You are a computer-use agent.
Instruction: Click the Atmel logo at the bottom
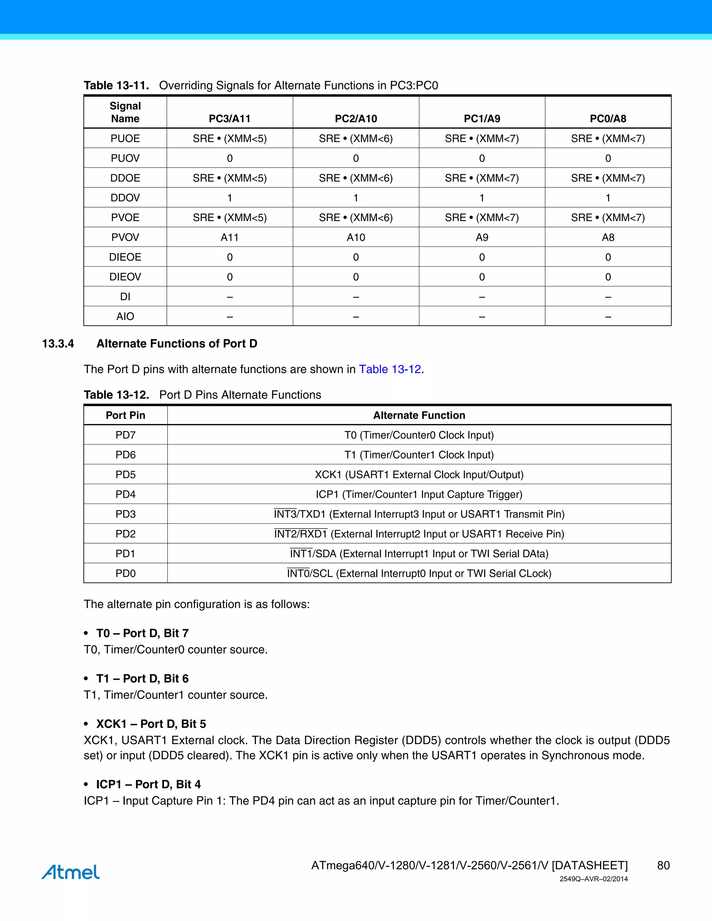tap(71, 872)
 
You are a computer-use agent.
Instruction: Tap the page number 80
tap(663, 865)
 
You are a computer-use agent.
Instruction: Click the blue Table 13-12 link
tap(390, 369)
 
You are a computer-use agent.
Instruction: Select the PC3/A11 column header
tap(229, 119)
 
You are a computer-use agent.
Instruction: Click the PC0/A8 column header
tap(608, 119)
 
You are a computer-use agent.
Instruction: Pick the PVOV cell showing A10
tap(356, 237)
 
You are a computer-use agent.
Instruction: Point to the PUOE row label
tap(125, 138)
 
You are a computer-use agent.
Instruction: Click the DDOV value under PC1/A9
tap(482, 198)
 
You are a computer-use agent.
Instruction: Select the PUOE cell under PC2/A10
tap(356, 138)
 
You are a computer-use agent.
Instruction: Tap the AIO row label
tap(125, 316)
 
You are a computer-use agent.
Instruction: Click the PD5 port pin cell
tap(125, 474)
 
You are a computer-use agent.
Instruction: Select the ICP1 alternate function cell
tap(419, 494)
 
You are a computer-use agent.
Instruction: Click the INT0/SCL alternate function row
tap(419, 573)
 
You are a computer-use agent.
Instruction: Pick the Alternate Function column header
tap(419, 415)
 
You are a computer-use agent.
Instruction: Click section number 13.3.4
tap(58, 344)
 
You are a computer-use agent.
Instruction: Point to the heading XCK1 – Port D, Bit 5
tap(151, 724)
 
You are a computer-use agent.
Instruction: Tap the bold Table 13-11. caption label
tap(116, 85)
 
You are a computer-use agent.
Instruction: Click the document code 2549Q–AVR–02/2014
tap(593, 879)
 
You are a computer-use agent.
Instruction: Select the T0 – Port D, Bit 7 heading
tap(142, 633)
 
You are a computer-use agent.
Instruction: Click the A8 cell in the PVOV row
tap(608, 237)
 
